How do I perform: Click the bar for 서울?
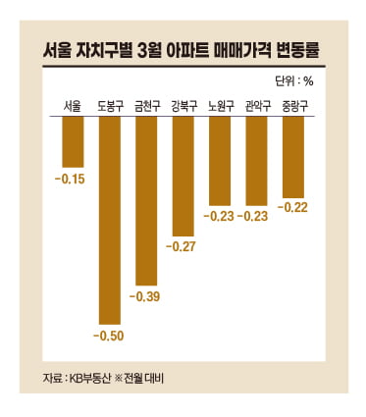tap(72, 142)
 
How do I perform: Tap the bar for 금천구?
tap(145, 201)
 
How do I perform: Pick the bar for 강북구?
tap(183, 177)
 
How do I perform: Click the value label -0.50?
tap(108, 337)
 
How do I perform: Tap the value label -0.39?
tap(145, 296)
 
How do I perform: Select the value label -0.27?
tap(183, 247)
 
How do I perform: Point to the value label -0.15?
tap(72, 179)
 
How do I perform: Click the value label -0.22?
tap(293, 207)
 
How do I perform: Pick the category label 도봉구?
tap(108, 105)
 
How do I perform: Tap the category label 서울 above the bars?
tap(72, 105)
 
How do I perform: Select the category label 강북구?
tap(183, 105)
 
